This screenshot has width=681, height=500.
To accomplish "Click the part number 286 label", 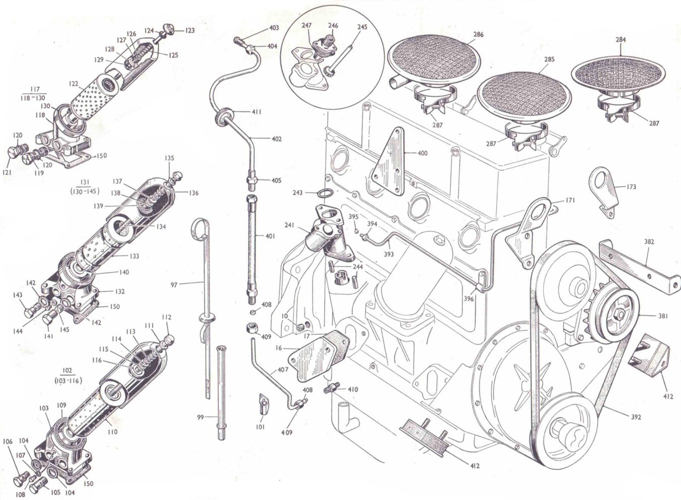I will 478,35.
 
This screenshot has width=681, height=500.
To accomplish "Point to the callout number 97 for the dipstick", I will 174,285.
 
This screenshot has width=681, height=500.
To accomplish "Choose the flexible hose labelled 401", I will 251,247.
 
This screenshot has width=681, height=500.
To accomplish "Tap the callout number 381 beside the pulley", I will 662,316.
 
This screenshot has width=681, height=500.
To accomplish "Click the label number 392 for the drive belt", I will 636,417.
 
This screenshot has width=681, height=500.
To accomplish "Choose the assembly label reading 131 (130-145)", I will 85,187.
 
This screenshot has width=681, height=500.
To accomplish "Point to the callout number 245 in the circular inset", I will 362,27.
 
